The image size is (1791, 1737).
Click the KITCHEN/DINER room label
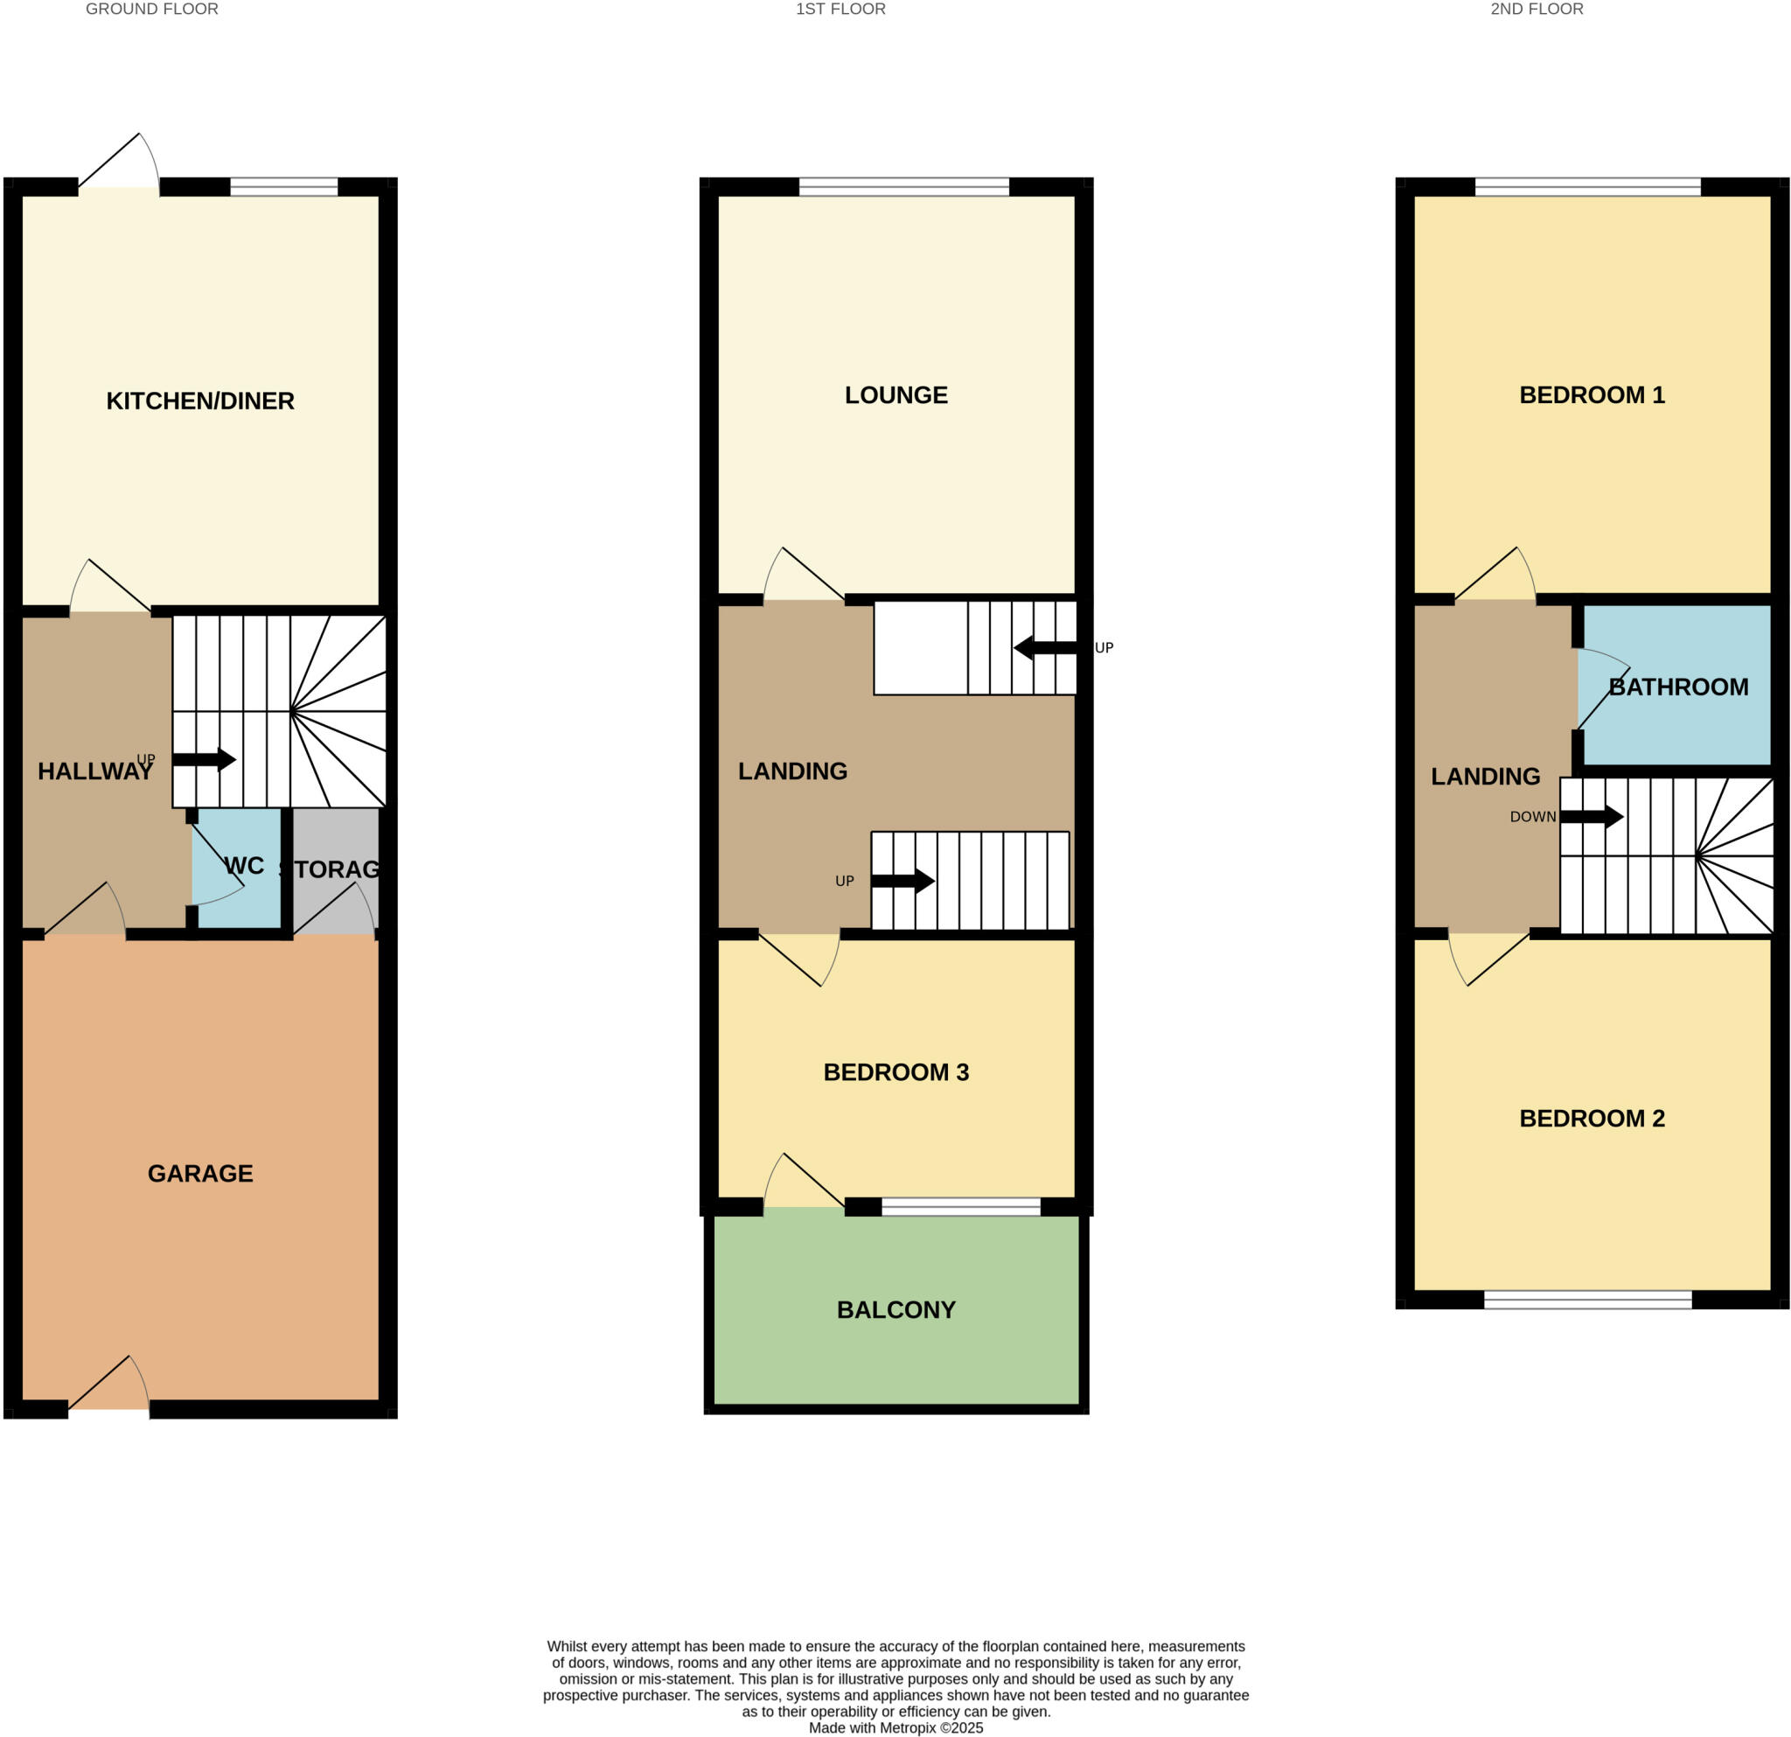pyautogui.click(x=200, y=401)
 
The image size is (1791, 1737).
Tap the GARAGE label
pyautogui.click(x=200, y=1173)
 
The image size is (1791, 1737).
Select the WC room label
pyautogui.click(x=244, y=865)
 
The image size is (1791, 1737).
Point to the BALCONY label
pyautogui.click(x=895, y=1309)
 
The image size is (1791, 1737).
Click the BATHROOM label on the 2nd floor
pyautogui.click(x=1677, y=687)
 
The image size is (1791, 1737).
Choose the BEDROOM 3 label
pyautogui.click(x=895, y=1071)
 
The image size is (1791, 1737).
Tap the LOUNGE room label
pyautogui.click(x=895, y=394)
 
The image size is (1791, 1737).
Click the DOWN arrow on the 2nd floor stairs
pyautogui.click(x=1591, y=816)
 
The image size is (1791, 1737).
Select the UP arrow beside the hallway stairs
pyautogui.click(x=204, y=758)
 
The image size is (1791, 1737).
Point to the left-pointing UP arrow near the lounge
pyautogui.click(x=1045, y=648)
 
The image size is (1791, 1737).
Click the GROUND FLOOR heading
pyautogui.click(x=151, y=9)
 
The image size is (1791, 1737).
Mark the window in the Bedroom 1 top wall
pyautogui.click(x=1587, y=187)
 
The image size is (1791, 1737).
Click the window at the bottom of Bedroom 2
pyautogui.click(x=1587, y=1300)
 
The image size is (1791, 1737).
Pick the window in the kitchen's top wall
pyautogui.click(x=283, y=187)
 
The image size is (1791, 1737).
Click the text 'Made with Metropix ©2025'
pyautogui.click(x=895, y=1728)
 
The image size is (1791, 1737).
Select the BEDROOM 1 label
pyautogui.click(x=1591, y=394)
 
